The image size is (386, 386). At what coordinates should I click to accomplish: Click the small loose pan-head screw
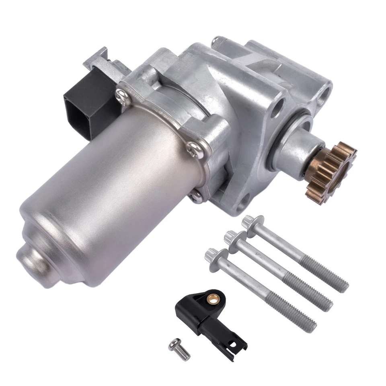click(x=179, y=348)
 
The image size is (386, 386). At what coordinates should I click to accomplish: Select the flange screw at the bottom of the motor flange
click(x=196, y=196)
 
